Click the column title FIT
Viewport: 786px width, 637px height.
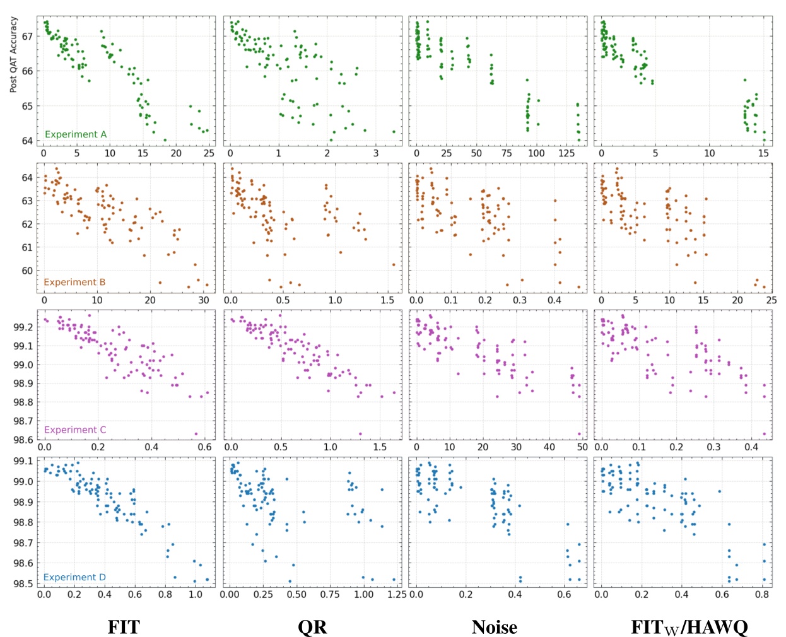pos(124,627)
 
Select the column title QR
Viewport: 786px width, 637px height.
pos(312,627)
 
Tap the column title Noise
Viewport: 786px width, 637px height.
pos(494,627)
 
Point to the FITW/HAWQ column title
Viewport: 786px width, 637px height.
pos(689,627)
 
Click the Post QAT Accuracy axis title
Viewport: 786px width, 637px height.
pos(13,55)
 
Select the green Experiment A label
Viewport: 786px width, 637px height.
pos(76,134)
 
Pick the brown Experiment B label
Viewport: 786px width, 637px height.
pos(74,282)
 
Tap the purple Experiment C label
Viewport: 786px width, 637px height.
pos(75,430)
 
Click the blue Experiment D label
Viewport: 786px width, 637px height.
pos(74,577)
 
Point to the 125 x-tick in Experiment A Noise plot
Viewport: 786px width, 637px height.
pos(567,153)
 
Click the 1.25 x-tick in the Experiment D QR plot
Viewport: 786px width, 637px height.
pos(396,594)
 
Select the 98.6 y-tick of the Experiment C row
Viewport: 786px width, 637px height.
pos(22,440)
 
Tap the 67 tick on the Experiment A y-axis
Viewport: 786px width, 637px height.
pos(27,36)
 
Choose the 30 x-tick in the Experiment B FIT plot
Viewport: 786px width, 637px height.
pos(203,300)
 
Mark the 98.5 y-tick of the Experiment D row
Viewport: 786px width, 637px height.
pos(22,584)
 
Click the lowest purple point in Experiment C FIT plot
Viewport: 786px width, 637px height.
pos(196,434)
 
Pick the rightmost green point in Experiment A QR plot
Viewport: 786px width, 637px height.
pos(394,132)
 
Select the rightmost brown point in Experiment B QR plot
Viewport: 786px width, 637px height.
pos(394,265)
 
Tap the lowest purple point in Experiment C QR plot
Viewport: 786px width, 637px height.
pos(360,434)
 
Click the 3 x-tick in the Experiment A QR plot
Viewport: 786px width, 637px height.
pos(376,153)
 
